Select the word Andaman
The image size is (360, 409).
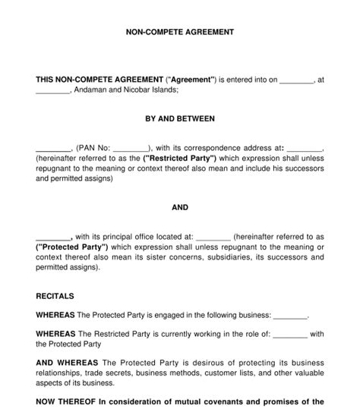[94, 90]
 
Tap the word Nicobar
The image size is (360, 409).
[143, 90]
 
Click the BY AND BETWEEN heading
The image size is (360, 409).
[179, 118]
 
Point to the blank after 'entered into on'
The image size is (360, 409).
[297, 79]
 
